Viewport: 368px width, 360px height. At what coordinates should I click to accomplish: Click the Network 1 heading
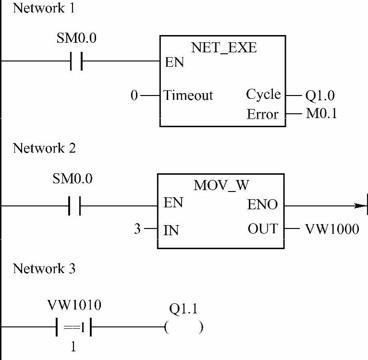pyautogui.click(x=44, y=8)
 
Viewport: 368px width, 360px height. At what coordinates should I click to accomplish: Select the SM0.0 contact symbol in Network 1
pyautogui.click(x=76, y=61)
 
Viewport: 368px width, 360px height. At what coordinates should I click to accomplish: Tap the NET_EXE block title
pyautogui.click(x=224, y=48)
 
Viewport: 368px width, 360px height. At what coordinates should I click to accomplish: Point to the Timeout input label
pyautogui.click(x=188, y=96)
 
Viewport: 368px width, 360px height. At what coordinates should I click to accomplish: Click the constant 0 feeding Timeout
pyautogui.click(x=134, y=96)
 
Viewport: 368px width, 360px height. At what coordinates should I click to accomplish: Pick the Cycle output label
pyautogui.click(x=263, y=94)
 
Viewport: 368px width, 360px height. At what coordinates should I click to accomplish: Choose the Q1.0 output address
pyautogui.click(x=320, y=96)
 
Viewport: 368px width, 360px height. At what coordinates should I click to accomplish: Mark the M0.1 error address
pyautogui.click(x=320, y=114)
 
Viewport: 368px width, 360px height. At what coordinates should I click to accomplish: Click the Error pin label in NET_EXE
pyautogui.click(x=262, y=115)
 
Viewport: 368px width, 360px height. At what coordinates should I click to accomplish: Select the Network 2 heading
pyautogui.click(x=44, y=148)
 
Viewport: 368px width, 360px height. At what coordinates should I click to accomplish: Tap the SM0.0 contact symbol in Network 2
pyautogui.click(x=74, y=206)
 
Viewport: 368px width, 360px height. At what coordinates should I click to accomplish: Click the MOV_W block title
pyautogui.click(x=221, y=186)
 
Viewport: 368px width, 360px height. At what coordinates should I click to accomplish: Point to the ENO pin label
pyautogui.click(x=262, y=205)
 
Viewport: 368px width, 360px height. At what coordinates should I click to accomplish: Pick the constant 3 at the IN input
pyautogui.click(x=137, y=229)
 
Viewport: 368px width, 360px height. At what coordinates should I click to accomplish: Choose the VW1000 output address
pyautogui.click(x=332, y=229)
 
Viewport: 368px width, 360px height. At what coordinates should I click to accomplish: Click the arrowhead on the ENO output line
pyautogui.click(x=360, y=205)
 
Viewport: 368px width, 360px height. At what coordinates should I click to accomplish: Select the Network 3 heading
pyautogui.click(x=44, y=268)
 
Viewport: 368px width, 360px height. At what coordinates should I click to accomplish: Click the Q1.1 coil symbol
pyautogui.click(x=183, y=328)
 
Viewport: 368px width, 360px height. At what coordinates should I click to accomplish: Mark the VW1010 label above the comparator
pyautogui.click(x=74, y=305)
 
